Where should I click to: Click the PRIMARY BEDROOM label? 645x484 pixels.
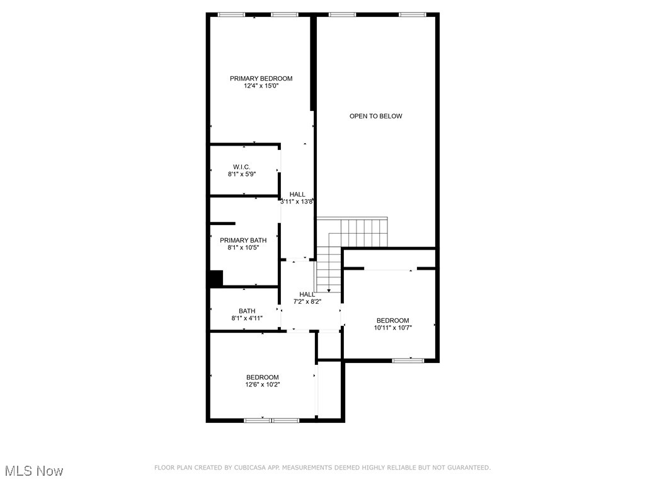click(261, 78)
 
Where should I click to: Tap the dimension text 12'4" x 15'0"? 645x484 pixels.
click(261, 86)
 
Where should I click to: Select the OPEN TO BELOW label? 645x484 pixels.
click(375, 116)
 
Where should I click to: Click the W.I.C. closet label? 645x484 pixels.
click(241, 166)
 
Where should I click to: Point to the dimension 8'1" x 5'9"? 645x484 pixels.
click(241, 175)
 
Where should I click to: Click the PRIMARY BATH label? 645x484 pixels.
click(243, 240)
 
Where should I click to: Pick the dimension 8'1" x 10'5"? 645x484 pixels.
click(243, 248)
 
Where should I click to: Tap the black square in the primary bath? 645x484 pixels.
click(216, 279)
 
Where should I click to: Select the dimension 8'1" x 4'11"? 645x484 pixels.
click(247, 319)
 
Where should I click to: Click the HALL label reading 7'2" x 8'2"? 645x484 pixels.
click(307, 294)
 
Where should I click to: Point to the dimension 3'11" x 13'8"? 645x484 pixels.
click(297, 202)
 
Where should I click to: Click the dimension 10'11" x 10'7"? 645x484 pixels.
click(393, 328)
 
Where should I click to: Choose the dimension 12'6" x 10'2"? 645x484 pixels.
click(263, 384)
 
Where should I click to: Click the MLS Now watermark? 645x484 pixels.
click(33, 471)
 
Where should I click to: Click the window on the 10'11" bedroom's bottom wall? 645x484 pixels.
click(408, 360)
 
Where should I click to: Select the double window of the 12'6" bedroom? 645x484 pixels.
click(271, 420)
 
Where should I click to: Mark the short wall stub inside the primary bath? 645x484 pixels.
click(222, 223)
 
